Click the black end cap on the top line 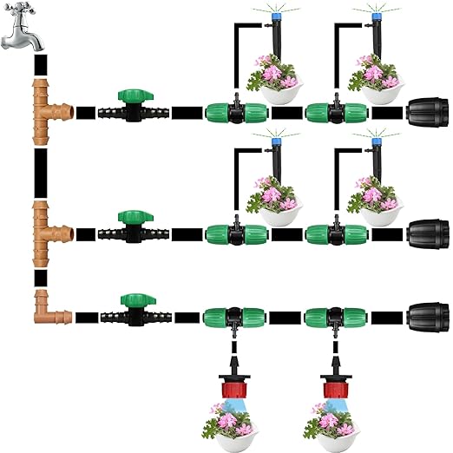tap(428, 114)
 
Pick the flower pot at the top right tap(377, 82)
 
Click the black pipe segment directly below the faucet tap(40, 65)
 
